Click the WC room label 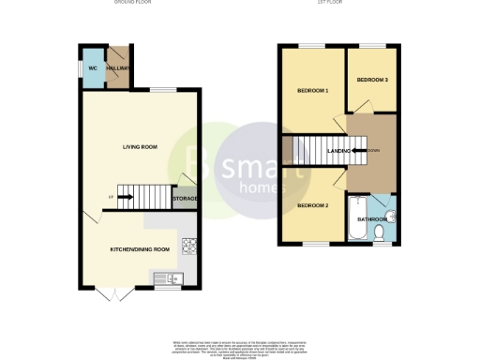tap(93, 69)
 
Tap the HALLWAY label tap(118, 69)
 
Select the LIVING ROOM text tap(139, 147)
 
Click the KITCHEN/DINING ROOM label tap(140, 249)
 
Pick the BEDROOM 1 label tap(313, 91)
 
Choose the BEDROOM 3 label tap(372, 80)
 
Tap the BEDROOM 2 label tap(312, 205)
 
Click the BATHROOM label tap(371, 221)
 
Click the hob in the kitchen tap(188, 247)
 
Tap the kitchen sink tap(166, 277)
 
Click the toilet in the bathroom tap(379, 232)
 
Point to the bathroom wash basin tap(392, 217)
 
